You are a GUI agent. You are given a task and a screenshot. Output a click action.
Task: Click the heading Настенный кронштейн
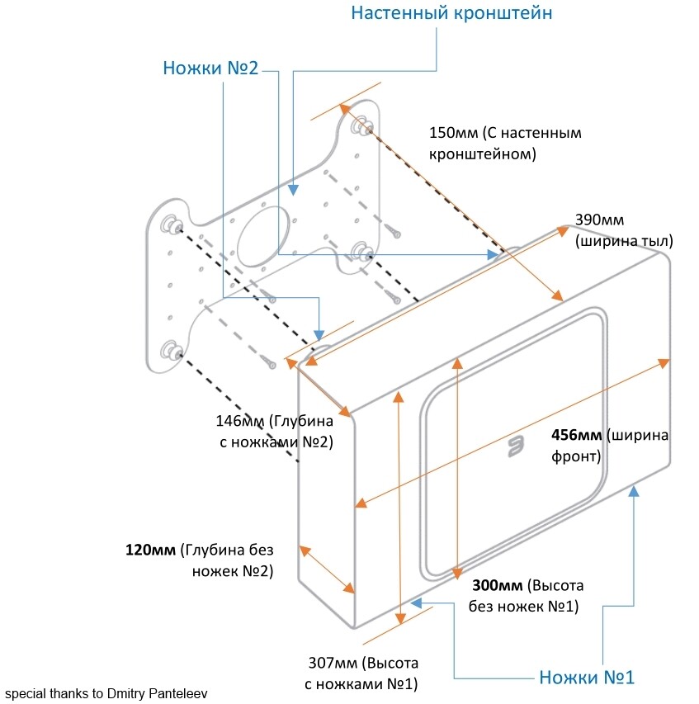451,14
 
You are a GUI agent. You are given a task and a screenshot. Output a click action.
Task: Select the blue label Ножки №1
586,678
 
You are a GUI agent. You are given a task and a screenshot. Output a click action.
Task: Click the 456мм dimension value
576,435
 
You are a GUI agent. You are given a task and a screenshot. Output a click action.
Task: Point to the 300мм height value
497,586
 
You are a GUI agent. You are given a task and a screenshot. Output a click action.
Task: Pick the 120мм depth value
150,549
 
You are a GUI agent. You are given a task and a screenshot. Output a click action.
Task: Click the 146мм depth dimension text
239,420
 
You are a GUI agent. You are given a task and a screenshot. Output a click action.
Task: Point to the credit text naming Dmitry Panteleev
106,693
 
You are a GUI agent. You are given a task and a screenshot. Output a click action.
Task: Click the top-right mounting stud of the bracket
361,126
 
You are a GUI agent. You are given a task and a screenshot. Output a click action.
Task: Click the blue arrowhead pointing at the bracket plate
293,191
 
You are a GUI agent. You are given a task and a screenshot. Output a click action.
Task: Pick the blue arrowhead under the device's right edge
634,491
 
